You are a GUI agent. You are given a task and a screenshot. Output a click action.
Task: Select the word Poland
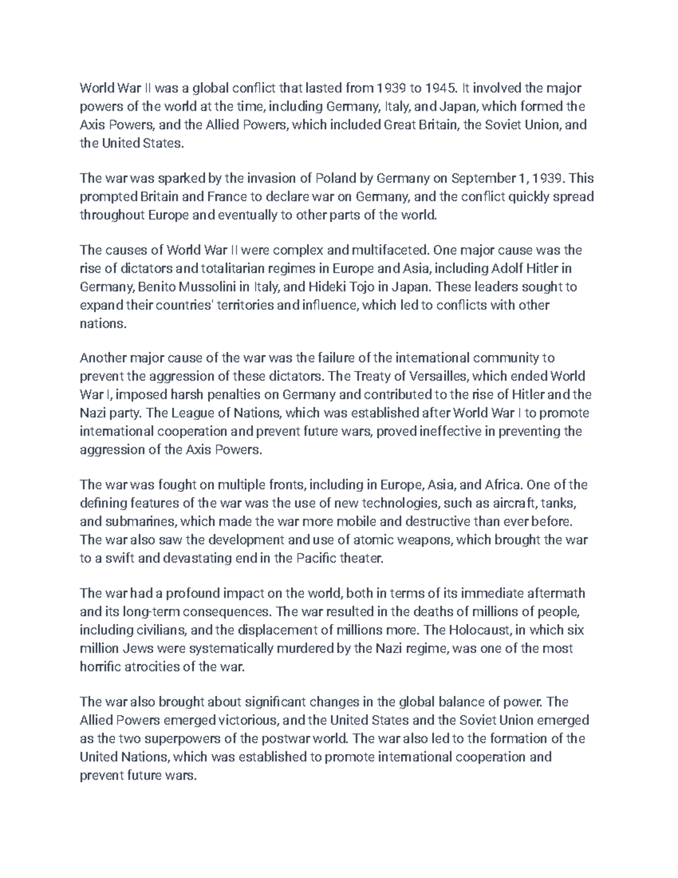(x=336, y=179)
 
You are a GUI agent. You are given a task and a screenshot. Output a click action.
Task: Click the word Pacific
(x=315, y=559)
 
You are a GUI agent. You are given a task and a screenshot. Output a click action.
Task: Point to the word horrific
(x=99, y=667)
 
